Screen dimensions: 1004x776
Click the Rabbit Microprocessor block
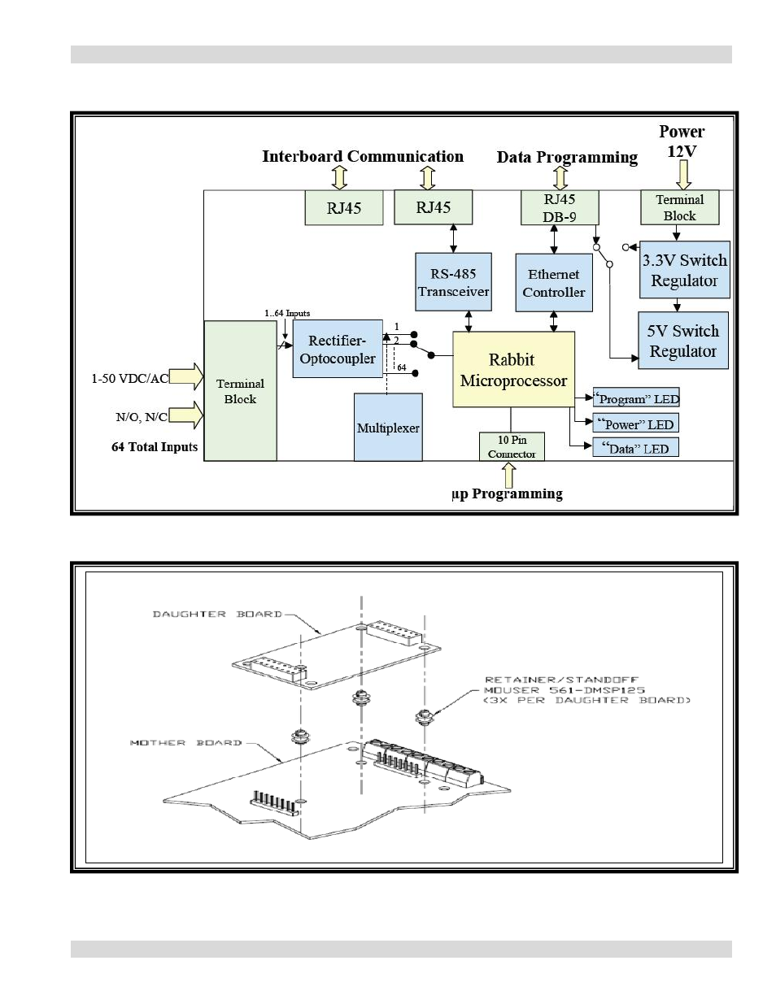pyautogui.click(x=513, y=370)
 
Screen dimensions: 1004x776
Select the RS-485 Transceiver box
pyautogui.click(x=453, y=282)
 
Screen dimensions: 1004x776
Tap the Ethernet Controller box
pyautogui.click(x=554, y=283)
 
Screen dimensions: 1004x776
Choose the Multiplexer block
pyautogui.click(x=388, y=428)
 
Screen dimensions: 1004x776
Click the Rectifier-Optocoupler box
pyautogui.click(x=338, y=350)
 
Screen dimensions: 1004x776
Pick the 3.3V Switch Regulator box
pyautogui.click(x=684, y=270)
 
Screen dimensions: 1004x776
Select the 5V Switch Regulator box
pyautogui.click(x=682, y=341)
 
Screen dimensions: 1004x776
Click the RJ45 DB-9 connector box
pyautogui.click(x=560, y=207)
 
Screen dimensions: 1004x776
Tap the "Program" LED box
pyautogui.click(x=637, y=398)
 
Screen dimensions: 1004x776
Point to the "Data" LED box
pyautogui.click(x=636, y=448)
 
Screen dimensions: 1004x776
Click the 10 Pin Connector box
pyautogui.click(x=512, y=446)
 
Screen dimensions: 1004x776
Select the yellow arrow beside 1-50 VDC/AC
pyautogui.click(x=186, y=376)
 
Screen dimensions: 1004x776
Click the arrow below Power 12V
pyautogui.click(x=683, y=174)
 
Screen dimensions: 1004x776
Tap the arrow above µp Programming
pyautogui.click(x=509, y=475)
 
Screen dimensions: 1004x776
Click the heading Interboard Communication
pyautogui.click(x=363, y=156)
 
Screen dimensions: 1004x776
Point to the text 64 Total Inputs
pyautogui.click(x=155, y=446)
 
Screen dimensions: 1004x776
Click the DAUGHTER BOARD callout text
pyautogui.click(x=217, y=614)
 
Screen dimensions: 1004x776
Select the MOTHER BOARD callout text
pyautogui.click(x=185, y=742)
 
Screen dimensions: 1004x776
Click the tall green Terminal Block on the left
pyautogui.click(x=240, y=391)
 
